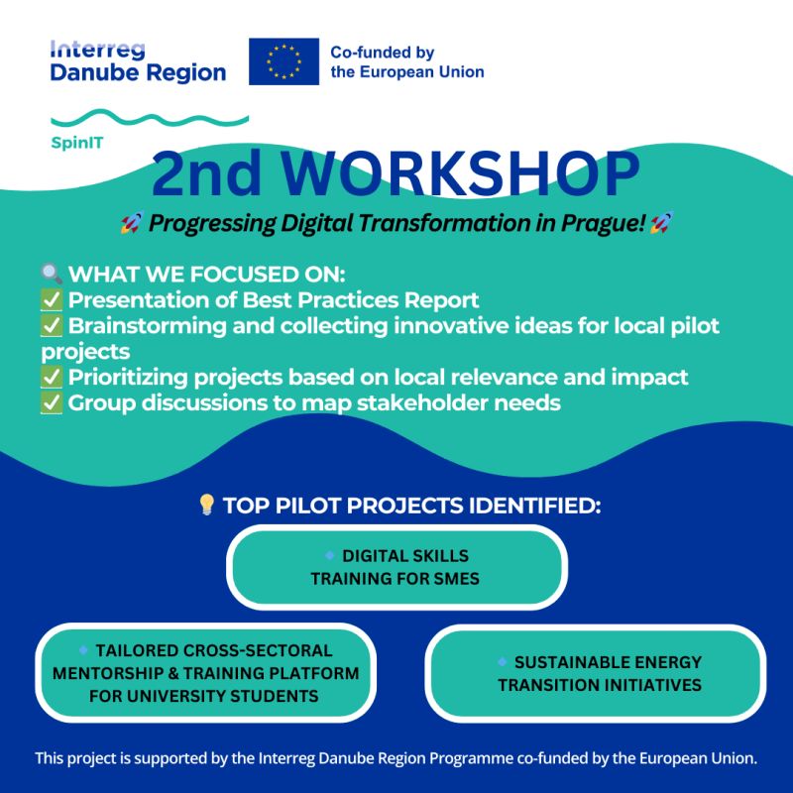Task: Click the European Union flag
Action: tap(283, 61)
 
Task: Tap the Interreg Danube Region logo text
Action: tap(138, 61)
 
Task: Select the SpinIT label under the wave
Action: tap(77, 143)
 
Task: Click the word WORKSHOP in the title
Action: tap(461, 172)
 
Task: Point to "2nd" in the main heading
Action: tap(206, 172)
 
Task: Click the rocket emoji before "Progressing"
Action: tap(132, 222)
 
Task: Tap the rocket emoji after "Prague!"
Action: tap(661, 222)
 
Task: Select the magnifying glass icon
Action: tap(52, 274)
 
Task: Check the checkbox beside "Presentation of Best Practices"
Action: tap(52, 300)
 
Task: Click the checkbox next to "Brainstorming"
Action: tap(52, 326)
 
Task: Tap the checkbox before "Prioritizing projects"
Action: tap(52, 378)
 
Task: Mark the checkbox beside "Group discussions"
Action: tap(52, 403)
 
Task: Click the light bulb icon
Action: tap(207, 505)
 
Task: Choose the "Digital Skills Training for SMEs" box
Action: tap(396, 567)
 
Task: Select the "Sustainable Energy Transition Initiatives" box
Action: tap(596, 673)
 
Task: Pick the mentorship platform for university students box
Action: tap(205, 673)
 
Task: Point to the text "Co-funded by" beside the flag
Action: tap(383, 53)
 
